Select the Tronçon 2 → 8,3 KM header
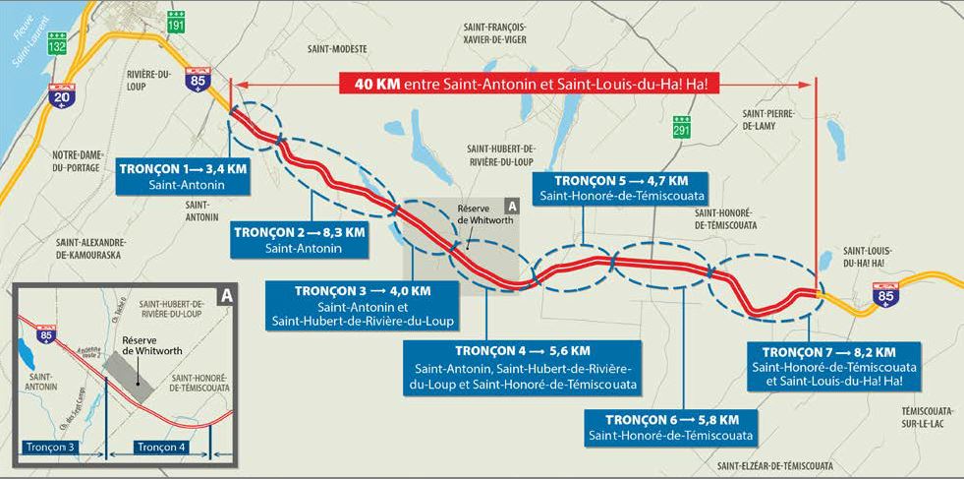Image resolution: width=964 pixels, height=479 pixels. [302, 232]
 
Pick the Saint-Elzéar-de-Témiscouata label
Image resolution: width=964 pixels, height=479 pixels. [774, 465]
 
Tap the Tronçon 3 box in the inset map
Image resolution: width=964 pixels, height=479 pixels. [58, 447]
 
